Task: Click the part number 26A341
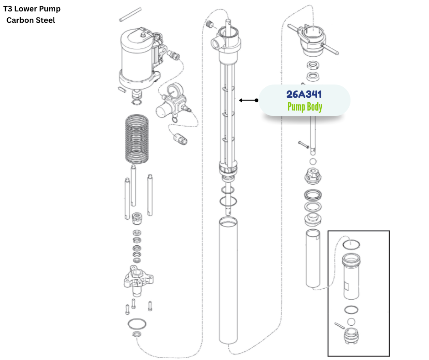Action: coord(304,95)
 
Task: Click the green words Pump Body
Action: coord(304,107)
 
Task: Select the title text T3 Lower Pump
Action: coord(32,9)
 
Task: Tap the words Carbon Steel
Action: coord(31,20)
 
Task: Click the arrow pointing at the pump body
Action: coord(249,100)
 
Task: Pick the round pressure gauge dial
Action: coord(173,90)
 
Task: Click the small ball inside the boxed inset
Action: coord(351,322)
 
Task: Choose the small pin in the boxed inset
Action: coord(338,325)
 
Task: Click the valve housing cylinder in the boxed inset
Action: coord(352,276)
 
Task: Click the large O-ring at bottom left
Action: coord(137,324)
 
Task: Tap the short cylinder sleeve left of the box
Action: coord(314,258)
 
